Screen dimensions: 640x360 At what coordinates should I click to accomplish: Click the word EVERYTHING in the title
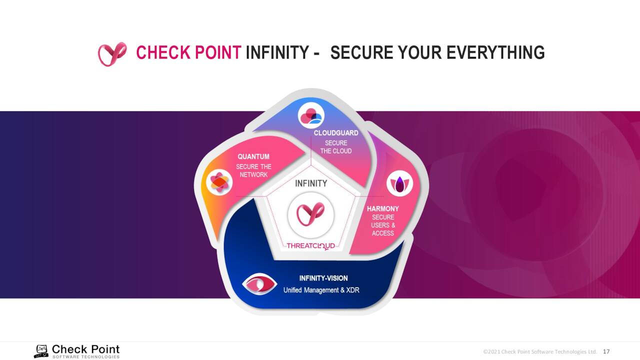click(x=495, y=52)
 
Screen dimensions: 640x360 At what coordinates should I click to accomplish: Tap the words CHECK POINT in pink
click(x=188, y=52)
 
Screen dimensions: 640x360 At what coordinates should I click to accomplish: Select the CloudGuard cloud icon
click(x=311, y=115)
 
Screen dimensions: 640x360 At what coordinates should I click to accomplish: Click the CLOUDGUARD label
click(x=336, y=133)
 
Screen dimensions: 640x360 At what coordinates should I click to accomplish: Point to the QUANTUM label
click(x=253, y=156)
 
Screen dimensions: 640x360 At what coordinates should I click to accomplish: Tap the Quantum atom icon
click(x=219, y=182)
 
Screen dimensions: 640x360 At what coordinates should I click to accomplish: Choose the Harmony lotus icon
click(x=399, y=183)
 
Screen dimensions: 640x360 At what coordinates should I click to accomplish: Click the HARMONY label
click(x=383, y=208)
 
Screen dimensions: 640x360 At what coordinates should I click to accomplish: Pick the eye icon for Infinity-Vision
click(x=259, y=284)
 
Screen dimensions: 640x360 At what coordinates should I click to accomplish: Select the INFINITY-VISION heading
click(x=323, y=278)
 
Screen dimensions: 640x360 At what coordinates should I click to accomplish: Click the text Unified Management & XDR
click(x=321, y=290)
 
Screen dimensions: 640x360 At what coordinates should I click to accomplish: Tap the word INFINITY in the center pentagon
click(x=311, y=183)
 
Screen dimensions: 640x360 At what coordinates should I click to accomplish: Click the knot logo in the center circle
click(x=310, y=214)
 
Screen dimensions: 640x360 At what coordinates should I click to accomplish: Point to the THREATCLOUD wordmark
click(x=310, y=246)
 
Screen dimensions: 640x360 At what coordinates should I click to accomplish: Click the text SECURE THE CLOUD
click(x=336, y=147)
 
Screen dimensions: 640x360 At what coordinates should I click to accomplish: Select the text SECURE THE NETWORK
click(x=253, y=170)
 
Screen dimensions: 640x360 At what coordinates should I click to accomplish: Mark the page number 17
click(x=606, y=351)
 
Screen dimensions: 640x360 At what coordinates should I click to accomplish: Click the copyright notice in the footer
click(x=539, y=351)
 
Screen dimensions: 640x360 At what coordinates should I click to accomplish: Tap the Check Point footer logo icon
click(x=41, y=351)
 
